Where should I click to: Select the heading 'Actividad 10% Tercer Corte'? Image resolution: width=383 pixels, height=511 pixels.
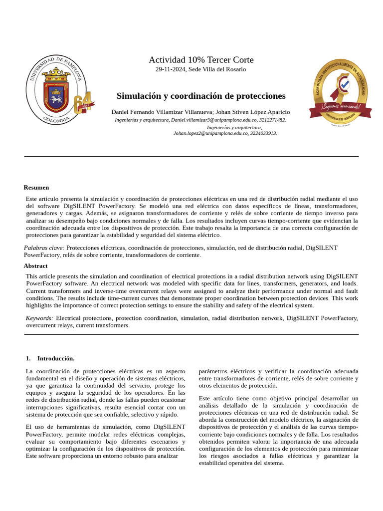pyautogui.click(x=201, y=60)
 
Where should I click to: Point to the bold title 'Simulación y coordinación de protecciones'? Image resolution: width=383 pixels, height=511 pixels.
pyautogui.click(x=201, y=96)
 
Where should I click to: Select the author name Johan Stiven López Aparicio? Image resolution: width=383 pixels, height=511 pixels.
pyautogui.click(x=254, y=112)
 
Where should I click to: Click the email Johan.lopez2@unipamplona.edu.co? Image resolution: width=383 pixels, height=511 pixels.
pyautogui.click(x=210, y=134)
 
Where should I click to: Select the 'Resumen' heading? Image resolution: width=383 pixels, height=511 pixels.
pyautogui.click(x=36, y=188)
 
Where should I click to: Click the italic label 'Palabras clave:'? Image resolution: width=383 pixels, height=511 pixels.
pyautogui.click(x=44, y=248)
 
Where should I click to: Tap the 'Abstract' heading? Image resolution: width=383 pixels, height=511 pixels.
pyautogui.click(x=36, y=266)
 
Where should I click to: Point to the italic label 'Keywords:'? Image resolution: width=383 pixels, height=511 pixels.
pyautogui.click(x=39, y=318)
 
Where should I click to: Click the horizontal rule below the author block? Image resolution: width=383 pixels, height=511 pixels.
pyautogui.click(x=191, y=157)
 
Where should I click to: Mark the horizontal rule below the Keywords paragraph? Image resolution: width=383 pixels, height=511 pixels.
pyautogui.click(x=191, y=335)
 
